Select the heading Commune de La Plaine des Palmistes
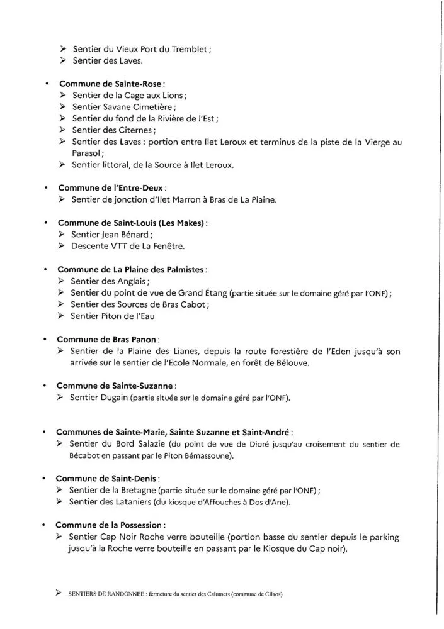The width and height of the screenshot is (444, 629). (x=131, y=269)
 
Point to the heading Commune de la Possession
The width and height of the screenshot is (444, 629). (x=111, y=525)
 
